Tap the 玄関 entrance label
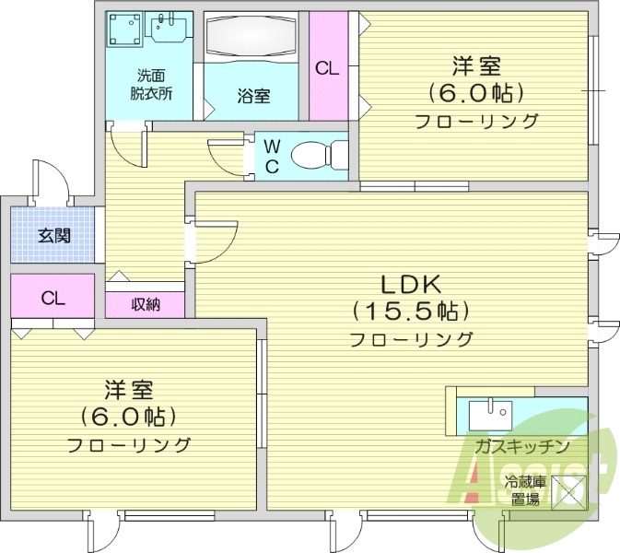[x=53, y=235]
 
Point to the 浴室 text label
[x=253, y=95]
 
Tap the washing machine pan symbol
[x=124, y=32]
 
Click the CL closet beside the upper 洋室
[x=327, y=67]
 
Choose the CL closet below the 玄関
[x=53, y=298]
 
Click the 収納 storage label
[x=145, y=304]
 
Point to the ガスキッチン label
[x=521, y=446]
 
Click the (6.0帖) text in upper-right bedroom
[x=475, y=93]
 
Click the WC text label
[x=272, y=156]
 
